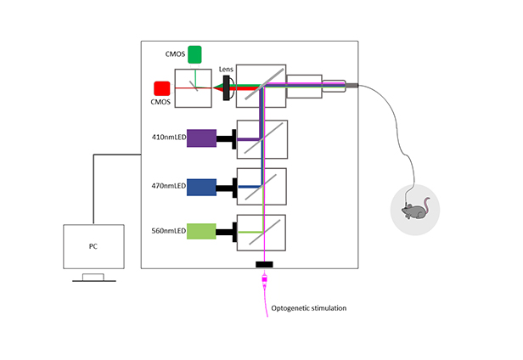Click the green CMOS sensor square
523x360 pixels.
click(194, 54)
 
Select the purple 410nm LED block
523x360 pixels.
click(201, 138)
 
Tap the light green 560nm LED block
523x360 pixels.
click(201, 230)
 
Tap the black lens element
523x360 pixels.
click(226, 87)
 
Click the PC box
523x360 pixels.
click(93, 246)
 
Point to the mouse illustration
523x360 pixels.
click(416, 209)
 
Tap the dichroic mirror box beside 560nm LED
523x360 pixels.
click(262, 232)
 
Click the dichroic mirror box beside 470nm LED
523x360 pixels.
click(262, 186)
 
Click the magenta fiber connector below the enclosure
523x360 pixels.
click(266, 281)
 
